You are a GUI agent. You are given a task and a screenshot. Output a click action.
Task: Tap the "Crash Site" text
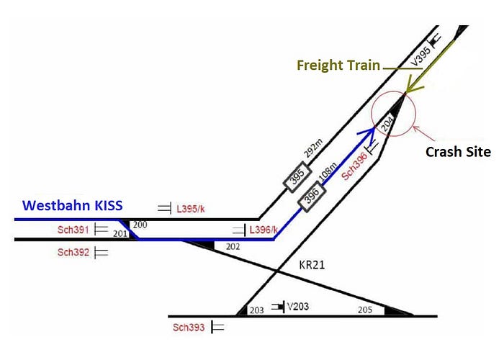pos(457,152)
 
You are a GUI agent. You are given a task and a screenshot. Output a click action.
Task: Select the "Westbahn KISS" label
pos(72,205)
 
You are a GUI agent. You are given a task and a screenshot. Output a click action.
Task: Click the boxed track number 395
pos(296,176)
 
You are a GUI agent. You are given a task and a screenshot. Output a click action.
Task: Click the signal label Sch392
pos(74,253)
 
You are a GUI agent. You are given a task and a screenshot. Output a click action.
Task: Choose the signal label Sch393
pos(189,328)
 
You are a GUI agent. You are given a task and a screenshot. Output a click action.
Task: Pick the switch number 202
pos(232,246)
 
